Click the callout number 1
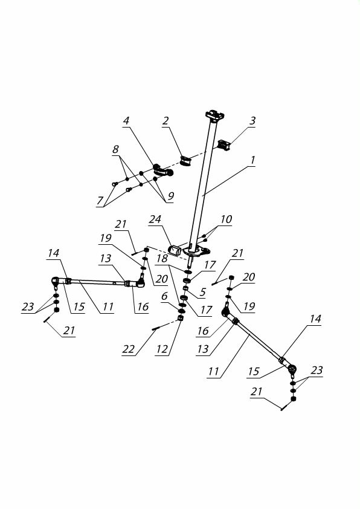coord(252,160)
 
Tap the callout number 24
coord(155,219)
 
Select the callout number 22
coord(129,349)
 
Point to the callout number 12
coord(162,349)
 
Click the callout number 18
coord(162,258)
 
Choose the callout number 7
coord(100,201)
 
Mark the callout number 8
coord(115,150)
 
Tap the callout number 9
coord(170,196)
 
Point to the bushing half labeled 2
coord(186,160)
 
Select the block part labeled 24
coord(175,251)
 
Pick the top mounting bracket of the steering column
coord(214,115)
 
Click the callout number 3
coord(252,121)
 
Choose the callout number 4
coord(126,121)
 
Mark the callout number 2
coord(166,121)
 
